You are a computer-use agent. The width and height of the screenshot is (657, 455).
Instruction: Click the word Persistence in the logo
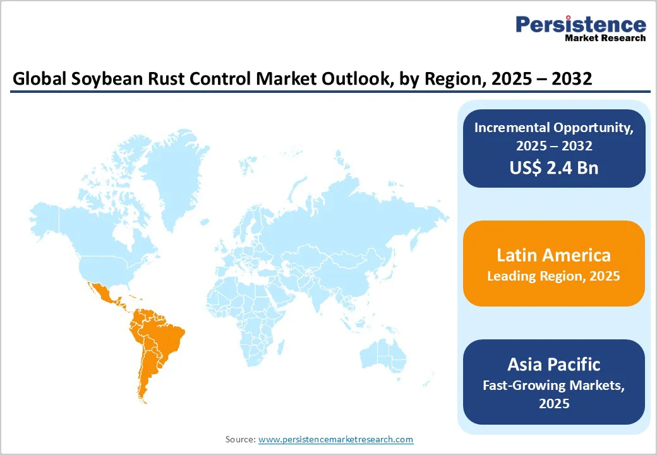coord(581,25)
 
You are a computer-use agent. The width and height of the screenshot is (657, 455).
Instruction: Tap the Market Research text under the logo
coord(605,38)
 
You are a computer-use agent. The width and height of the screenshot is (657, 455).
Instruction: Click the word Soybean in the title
coord(92,79)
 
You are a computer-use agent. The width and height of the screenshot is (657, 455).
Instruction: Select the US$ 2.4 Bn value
coord(553,167)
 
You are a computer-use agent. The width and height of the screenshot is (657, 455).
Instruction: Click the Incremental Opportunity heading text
coord(553,127)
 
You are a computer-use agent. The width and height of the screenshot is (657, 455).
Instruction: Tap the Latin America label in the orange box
coord(553,255)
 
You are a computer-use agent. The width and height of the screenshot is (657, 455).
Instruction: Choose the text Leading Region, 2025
coord(553,276)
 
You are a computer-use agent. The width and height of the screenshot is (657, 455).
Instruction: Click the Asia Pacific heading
coord(553,364)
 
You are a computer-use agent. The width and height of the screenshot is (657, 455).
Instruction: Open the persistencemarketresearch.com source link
coord(335,439)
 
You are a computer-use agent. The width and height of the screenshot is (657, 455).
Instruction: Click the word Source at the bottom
coord(240,439)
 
